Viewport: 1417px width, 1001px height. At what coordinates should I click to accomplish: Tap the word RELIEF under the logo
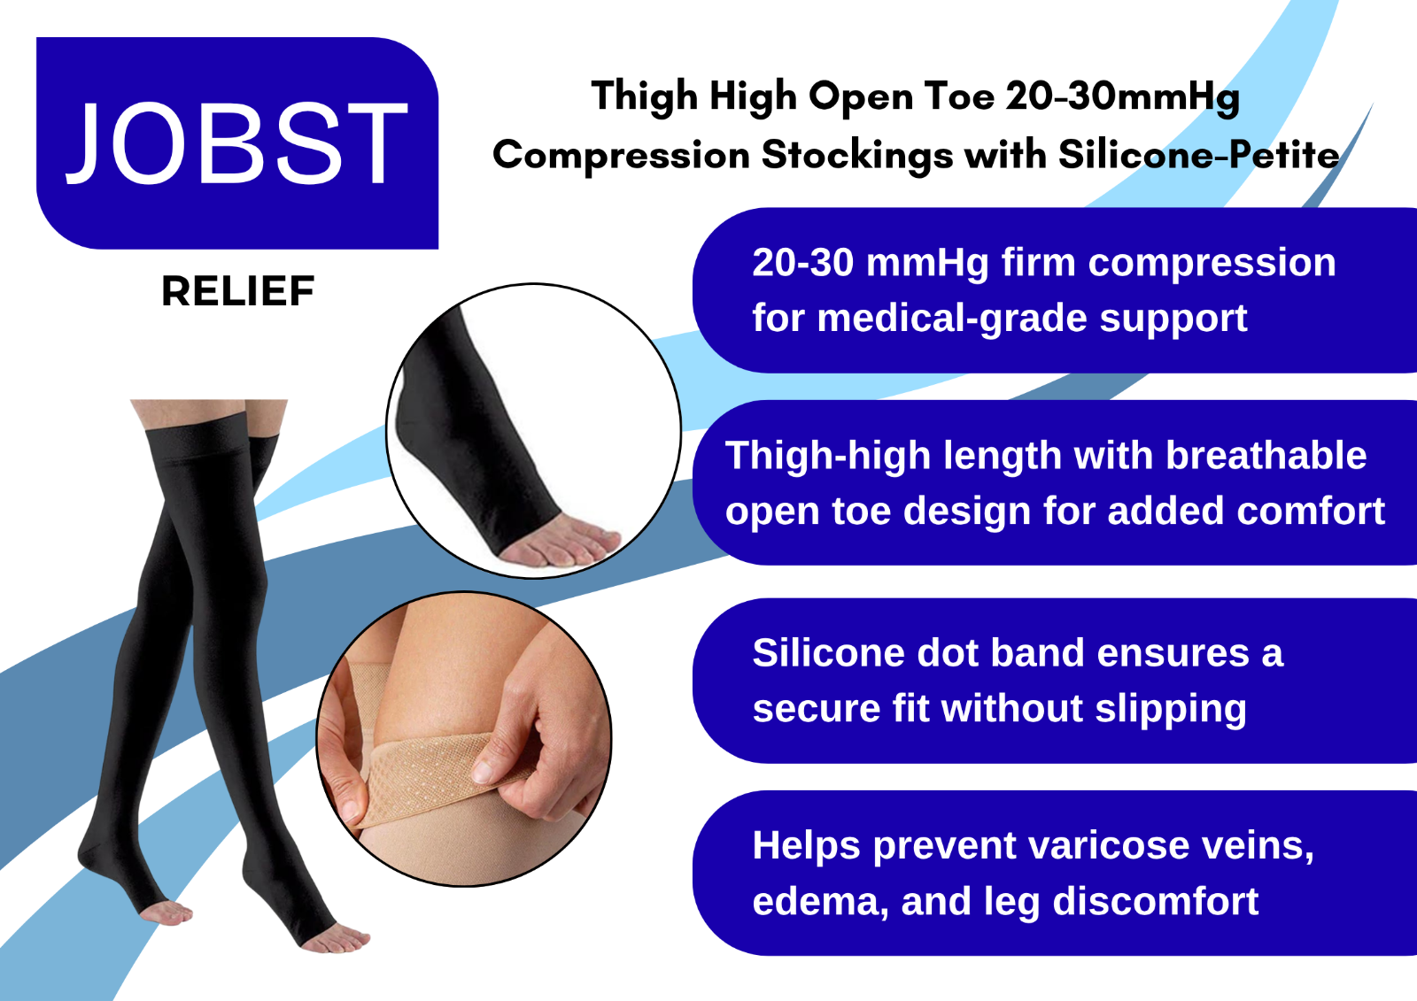coord(238,291)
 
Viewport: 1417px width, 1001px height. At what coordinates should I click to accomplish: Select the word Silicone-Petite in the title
coord(1198,155)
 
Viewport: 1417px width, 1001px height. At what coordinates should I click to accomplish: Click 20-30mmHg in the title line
coord(1123,98)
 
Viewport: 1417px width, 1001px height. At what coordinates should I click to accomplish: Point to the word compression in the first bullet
coord(1212,264)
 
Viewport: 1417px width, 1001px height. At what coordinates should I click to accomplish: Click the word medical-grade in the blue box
coord(952,319)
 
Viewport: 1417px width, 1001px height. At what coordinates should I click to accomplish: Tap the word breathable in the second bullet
coord(1266,455)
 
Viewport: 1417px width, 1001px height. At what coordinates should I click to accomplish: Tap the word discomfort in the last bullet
coord(1156,901)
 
